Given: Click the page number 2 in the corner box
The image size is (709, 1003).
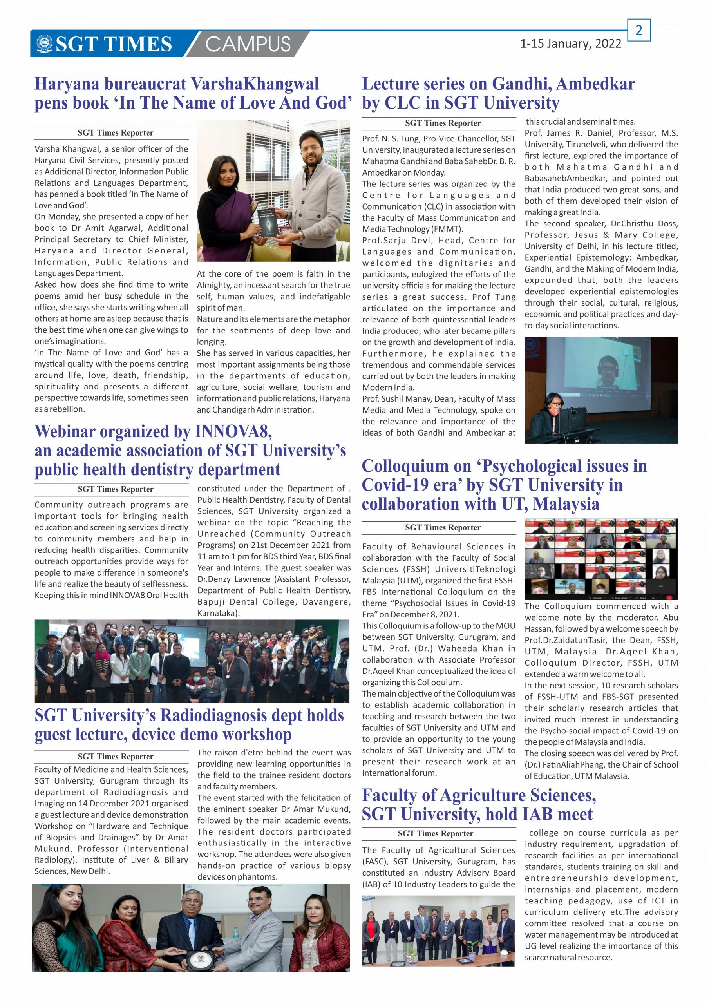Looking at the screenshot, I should tap(638, 30).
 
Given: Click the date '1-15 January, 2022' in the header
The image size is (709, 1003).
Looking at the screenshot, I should tap(570, 43).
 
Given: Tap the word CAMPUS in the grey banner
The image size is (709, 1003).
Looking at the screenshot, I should tap(248, 45).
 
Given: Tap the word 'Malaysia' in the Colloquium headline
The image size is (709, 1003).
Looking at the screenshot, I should tap(566, 504).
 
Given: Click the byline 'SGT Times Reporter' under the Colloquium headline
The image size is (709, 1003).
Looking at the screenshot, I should tap(443, 527).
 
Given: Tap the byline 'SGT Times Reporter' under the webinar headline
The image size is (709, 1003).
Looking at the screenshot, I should tap(115, 489).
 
